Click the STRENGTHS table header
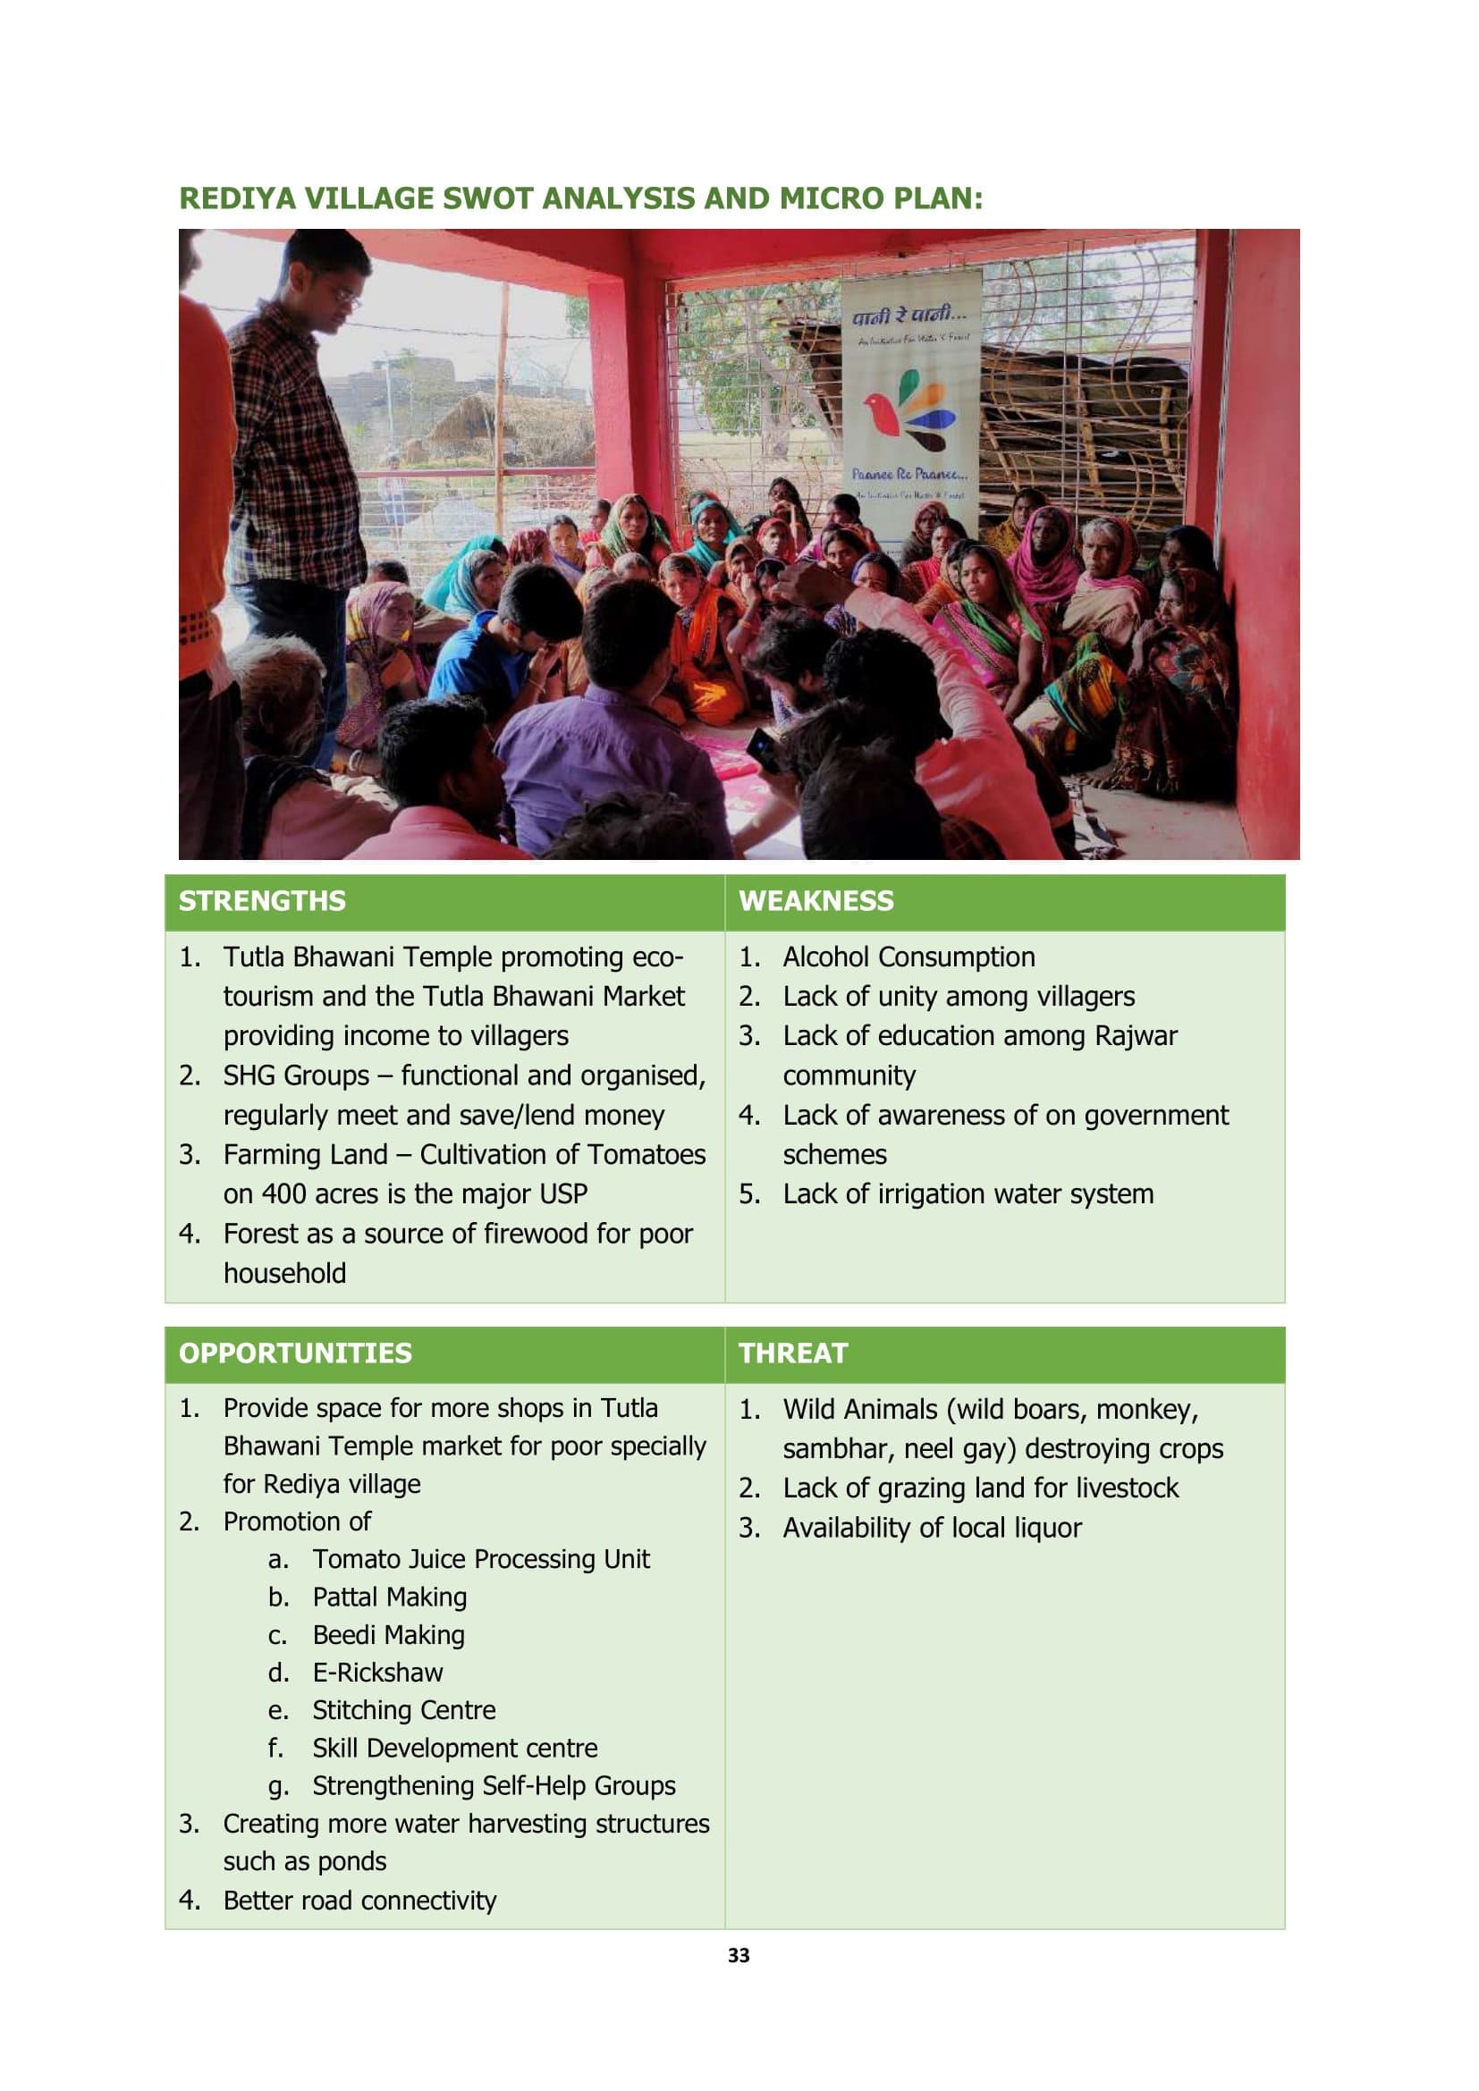click(262, 901)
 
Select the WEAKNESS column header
click(816, 901)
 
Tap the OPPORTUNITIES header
click(295, 1353)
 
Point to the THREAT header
click(792, 1353)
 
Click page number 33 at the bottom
click(739, 1955)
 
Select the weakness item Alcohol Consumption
click(908, 957)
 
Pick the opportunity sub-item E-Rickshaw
click(377, 1673)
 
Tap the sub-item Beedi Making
click(388, 1635)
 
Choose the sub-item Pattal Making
click(389, 1598)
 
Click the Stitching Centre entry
click(403, 1710)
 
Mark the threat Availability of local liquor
click(932, 1528)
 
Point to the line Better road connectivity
click(359, 1901)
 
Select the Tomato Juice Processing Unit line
click(481, 1559)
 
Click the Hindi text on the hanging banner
click(908, 316)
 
